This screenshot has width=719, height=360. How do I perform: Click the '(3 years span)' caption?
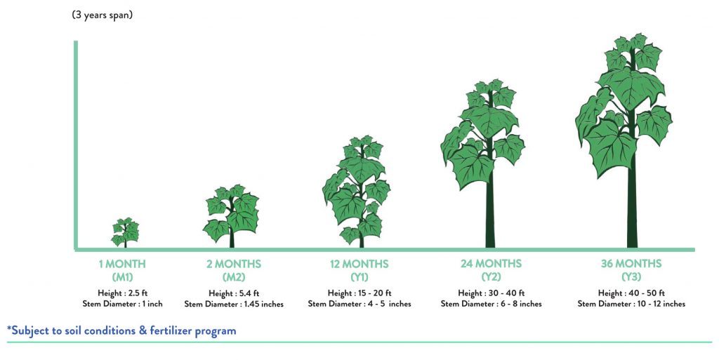click(x=103, y=15)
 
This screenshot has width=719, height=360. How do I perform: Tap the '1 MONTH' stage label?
click(x=122, y=265)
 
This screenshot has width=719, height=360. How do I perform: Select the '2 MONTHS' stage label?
click(x=233, y=265)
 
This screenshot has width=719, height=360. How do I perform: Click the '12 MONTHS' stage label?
click(x=359, y=265)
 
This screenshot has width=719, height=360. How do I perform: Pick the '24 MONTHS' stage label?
click(x=491, y=264)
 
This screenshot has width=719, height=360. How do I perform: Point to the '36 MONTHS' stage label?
click(x=631, y=264)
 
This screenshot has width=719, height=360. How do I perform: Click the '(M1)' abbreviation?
click(x=122, y=277)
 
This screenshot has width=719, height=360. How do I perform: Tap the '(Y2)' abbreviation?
click(x=491, y=276)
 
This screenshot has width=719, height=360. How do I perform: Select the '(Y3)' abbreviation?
click(x=631, y=276)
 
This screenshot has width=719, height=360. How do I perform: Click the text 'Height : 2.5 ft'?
click(x=122, y=293)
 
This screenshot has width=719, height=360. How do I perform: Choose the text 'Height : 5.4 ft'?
click(x=234, y=293)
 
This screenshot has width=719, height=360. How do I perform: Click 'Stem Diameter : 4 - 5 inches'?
click(x=359, y=304)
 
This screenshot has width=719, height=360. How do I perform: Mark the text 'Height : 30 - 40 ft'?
click(x=491, y=293)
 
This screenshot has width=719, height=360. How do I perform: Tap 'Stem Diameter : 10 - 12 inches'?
click(x=631, y=304)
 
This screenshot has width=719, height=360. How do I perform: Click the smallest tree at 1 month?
click(x=125, y=232)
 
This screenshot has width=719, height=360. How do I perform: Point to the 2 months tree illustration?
click(x=232, y=215)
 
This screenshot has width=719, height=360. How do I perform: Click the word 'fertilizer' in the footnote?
click(x=171, y=331)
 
